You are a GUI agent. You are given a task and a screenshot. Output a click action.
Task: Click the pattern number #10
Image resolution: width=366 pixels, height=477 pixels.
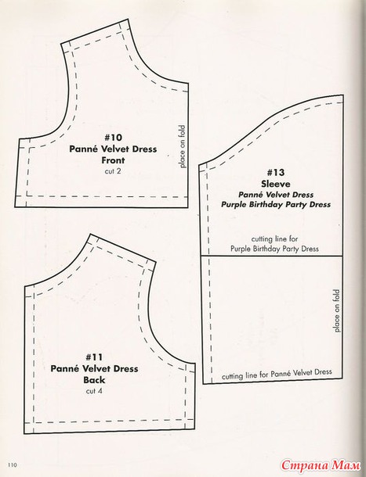[x=113, y=138]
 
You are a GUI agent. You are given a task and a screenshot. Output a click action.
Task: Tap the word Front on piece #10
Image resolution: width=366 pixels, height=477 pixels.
[x=113, y=160]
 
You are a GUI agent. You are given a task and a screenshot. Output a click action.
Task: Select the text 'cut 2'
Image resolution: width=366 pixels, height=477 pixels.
[x=113, y=171]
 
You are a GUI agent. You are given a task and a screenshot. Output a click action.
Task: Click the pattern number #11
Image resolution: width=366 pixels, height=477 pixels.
[x=94, y=357]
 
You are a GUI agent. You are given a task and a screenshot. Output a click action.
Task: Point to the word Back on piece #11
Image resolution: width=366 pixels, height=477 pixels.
[x=94, y=380]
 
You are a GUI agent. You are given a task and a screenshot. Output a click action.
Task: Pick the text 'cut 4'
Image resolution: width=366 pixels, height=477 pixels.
[x=94, y=391]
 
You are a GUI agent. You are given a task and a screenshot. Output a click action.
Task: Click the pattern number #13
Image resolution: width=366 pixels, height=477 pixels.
[x=276, y=173]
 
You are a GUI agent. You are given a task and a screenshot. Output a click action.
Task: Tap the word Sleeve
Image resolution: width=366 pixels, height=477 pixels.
[x=276, y=184]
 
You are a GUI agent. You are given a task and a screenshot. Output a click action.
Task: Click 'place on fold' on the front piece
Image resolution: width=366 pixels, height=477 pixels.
[x=183, y=147]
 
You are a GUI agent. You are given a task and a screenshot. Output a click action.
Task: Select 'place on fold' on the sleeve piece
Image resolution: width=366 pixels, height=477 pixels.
[x=337, y=311]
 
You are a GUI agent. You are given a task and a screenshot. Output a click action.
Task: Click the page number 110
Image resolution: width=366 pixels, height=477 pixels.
[x=13, y=464]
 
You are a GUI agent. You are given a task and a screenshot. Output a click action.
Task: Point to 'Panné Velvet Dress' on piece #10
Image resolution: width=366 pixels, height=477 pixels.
[x=113, y=149]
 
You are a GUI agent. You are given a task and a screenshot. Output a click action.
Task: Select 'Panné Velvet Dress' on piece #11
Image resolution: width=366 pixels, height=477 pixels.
[x=94, y=369]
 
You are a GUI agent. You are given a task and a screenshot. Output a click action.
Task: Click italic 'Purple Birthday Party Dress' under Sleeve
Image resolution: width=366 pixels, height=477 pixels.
[x=276, y=204]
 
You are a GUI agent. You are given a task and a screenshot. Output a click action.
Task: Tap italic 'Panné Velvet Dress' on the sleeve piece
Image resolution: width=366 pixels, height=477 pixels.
[x=276, y=195]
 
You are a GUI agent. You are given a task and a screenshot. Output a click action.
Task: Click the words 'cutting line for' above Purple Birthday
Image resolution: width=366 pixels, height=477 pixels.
[x=274, y=238]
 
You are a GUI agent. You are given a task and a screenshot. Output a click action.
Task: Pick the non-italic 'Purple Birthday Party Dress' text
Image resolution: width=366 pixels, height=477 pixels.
[x=274, y=249]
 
